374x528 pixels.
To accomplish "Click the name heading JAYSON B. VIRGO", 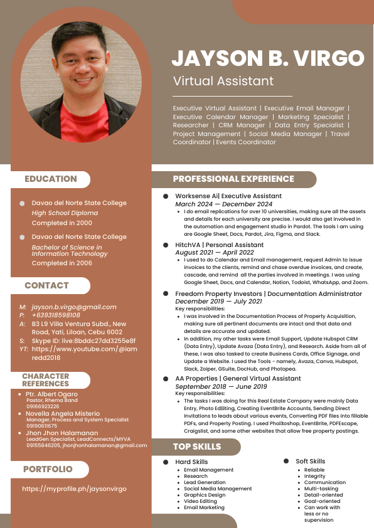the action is pyautogui.click(x=268, y=58).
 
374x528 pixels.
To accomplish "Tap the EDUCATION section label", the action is pyautogui.click(x=51, y=179).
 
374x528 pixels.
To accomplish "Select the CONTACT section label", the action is pyautogui.click(x=46, y=285).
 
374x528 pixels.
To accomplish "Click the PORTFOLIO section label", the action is pyautogui.click(x=48, y=469).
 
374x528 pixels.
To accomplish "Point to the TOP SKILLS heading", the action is pyautogui.click(x=197, y=446).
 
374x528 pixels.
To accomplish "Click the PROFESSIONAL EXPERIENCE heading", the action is pyautogui.click(x=233, y=179).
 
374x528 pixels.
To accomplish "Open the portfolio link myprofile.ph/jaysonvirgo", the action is pyautogui.click(x=74, y=488).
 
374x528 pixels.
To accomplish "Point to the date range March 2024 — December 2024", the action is pyautogui.click(x=223, y=204).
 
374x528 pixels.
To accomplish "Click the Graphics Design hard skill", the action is pyautogui.click(x=205, y=495).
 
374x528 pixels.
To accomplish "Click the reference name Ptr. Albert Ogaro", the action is pyautogui.click(x=51, y=394).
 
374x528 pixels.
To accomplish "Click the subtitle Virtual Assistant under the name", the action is pyautogui.click(x=223, y=81).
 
